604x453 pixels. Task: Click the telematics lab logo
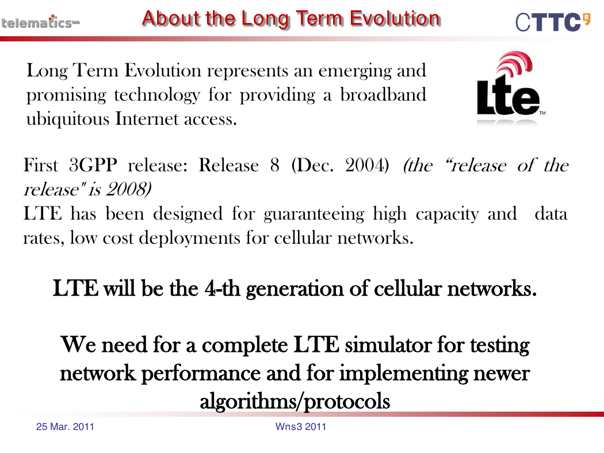pyautogui.click(x=40, y=22)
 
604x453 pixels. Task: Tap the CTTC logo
pyautogui.click(x=553, y=22)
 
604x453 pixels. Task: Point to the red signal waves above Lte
pyautogui.click(x=515, y=63)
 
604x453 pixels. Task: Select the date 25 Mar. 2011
pyautogui.click(x=65, y=427)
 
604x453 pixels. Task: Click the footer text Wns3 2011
pyautogui.click(x=300, y=427)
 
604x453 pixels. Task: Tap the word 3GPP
pyautogui.click(x=93, y=165)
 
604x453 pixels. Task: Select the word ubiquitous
pyautogui.click(x=68, y=118)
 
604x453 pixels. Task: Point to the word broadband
pyautogui.click(x=383, y=94)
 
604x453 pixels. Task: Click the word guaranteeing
pyautogui.click(x=314, y=214)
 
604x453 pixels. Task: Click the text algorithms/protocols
pyautogui.click(x=295, y=401)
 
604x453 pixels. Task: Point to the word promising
pyautogui.click(x=66, y=95)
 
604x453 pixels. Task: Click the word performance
pyautogui.click(x=201, y=373)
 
